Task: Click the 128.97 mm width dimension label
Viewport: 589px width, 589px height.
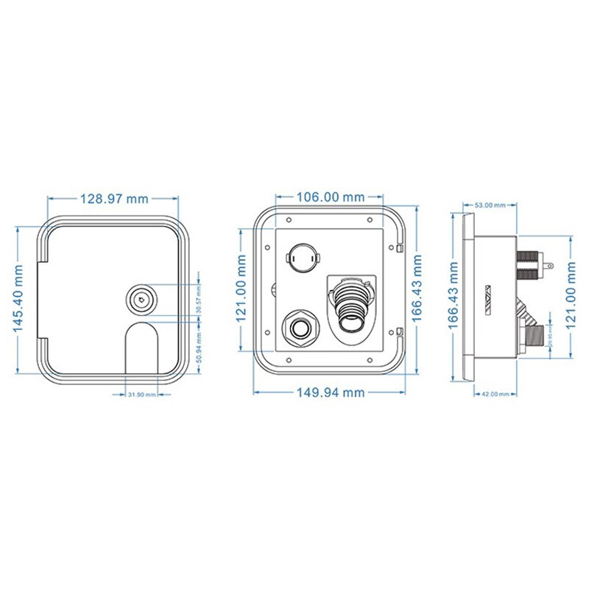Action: (113, 199)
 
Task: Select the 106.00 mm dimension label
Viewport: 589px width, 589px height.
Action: (330, 197)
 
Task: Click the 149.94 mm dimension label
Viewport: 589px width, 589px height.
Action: (330, 392)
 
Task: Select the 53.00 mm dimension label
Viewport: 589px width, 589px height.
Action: (490, 205)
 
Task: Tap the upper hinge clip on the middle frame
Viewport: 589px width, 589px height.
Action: (398, 247)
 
